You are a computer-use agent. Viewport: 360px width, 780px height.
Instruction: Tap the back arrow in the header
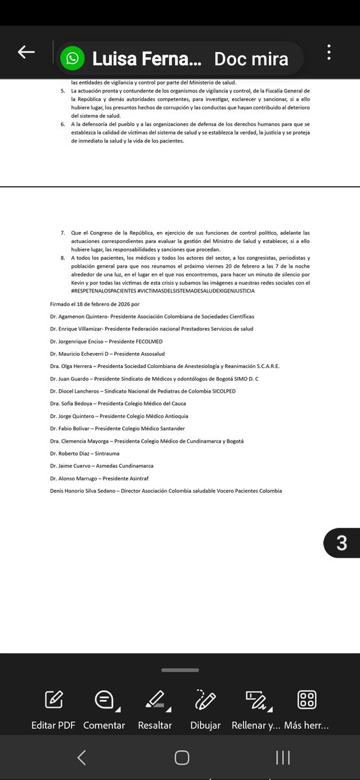(x=26, y=53)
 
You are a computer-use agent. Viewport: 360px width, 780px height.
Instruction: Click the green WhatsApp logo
(x=72, y=59)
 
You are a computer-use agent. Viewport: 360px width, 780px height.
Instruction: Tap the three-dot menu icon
(x=329, y=53)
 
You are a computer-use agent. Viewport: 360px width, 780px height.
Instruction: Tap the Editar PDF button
(x=53, y=700)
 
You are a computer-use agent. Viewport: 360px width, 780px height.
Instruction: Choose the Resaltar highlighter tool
(x=155, y=700)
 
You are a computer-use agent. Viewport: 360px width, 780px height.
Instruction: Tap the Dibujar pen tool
(x=205, y=700)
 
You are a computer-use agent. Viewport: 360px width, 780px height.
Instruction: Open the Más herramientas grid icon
(x=307, y=700)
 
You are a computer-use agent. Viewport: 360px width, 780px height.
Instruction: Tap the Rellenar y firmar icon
(x=255, y=700)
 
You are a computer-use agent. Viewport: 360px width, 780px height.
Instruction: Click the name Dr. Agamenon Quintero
(x=79, y=317)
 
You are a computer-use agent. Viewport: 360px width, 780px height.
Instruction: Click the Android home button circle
(x=182, y=757)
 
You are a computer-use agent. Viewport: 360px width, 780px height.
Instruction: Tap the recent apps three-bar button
(x=283, y=757)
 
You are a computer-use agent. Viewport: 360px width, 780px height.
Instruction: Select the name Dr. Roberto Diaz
(x=68, y=453)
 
